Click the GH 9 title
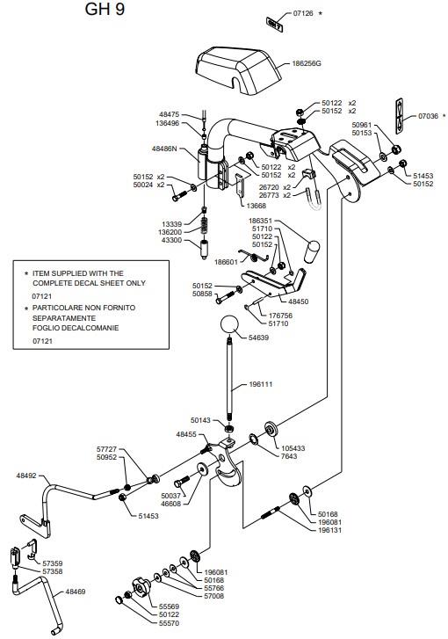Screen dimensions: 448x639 [105, 9]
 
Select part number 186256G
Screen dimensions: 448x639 [307, 63]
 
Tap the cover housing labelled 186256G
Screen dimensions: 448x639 [238, 70]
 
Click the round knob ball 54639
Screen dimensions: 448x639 [229, 324]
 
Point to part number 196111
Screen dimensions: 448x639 [261, 384]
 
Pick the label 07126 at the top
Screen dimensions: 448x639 [303, 13]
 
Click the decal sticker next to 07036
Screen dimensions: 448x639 [400, 116]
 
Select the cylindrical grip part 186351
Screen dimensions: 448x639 [312, 252]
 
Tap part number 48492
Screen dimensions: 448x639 [26, 476]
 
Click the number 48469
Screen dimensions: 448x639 [76, 592]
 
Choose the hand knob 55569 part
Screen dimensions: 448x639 [141, 587]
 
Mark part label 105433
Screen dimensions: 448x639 [293, 448]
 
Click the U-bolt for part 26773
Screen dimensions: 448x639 [313, 200]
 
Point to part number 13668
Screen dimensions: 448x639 [257, 206]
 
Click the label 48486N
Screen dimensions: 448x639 [164, 149]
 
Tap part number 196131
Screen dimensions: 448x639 [330, 530]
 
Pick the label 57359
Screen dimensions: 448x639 [53, 563]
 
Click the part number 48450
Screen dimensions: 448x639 [298, 301]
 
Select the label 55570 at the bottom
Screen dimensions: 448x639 [169, 623]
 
